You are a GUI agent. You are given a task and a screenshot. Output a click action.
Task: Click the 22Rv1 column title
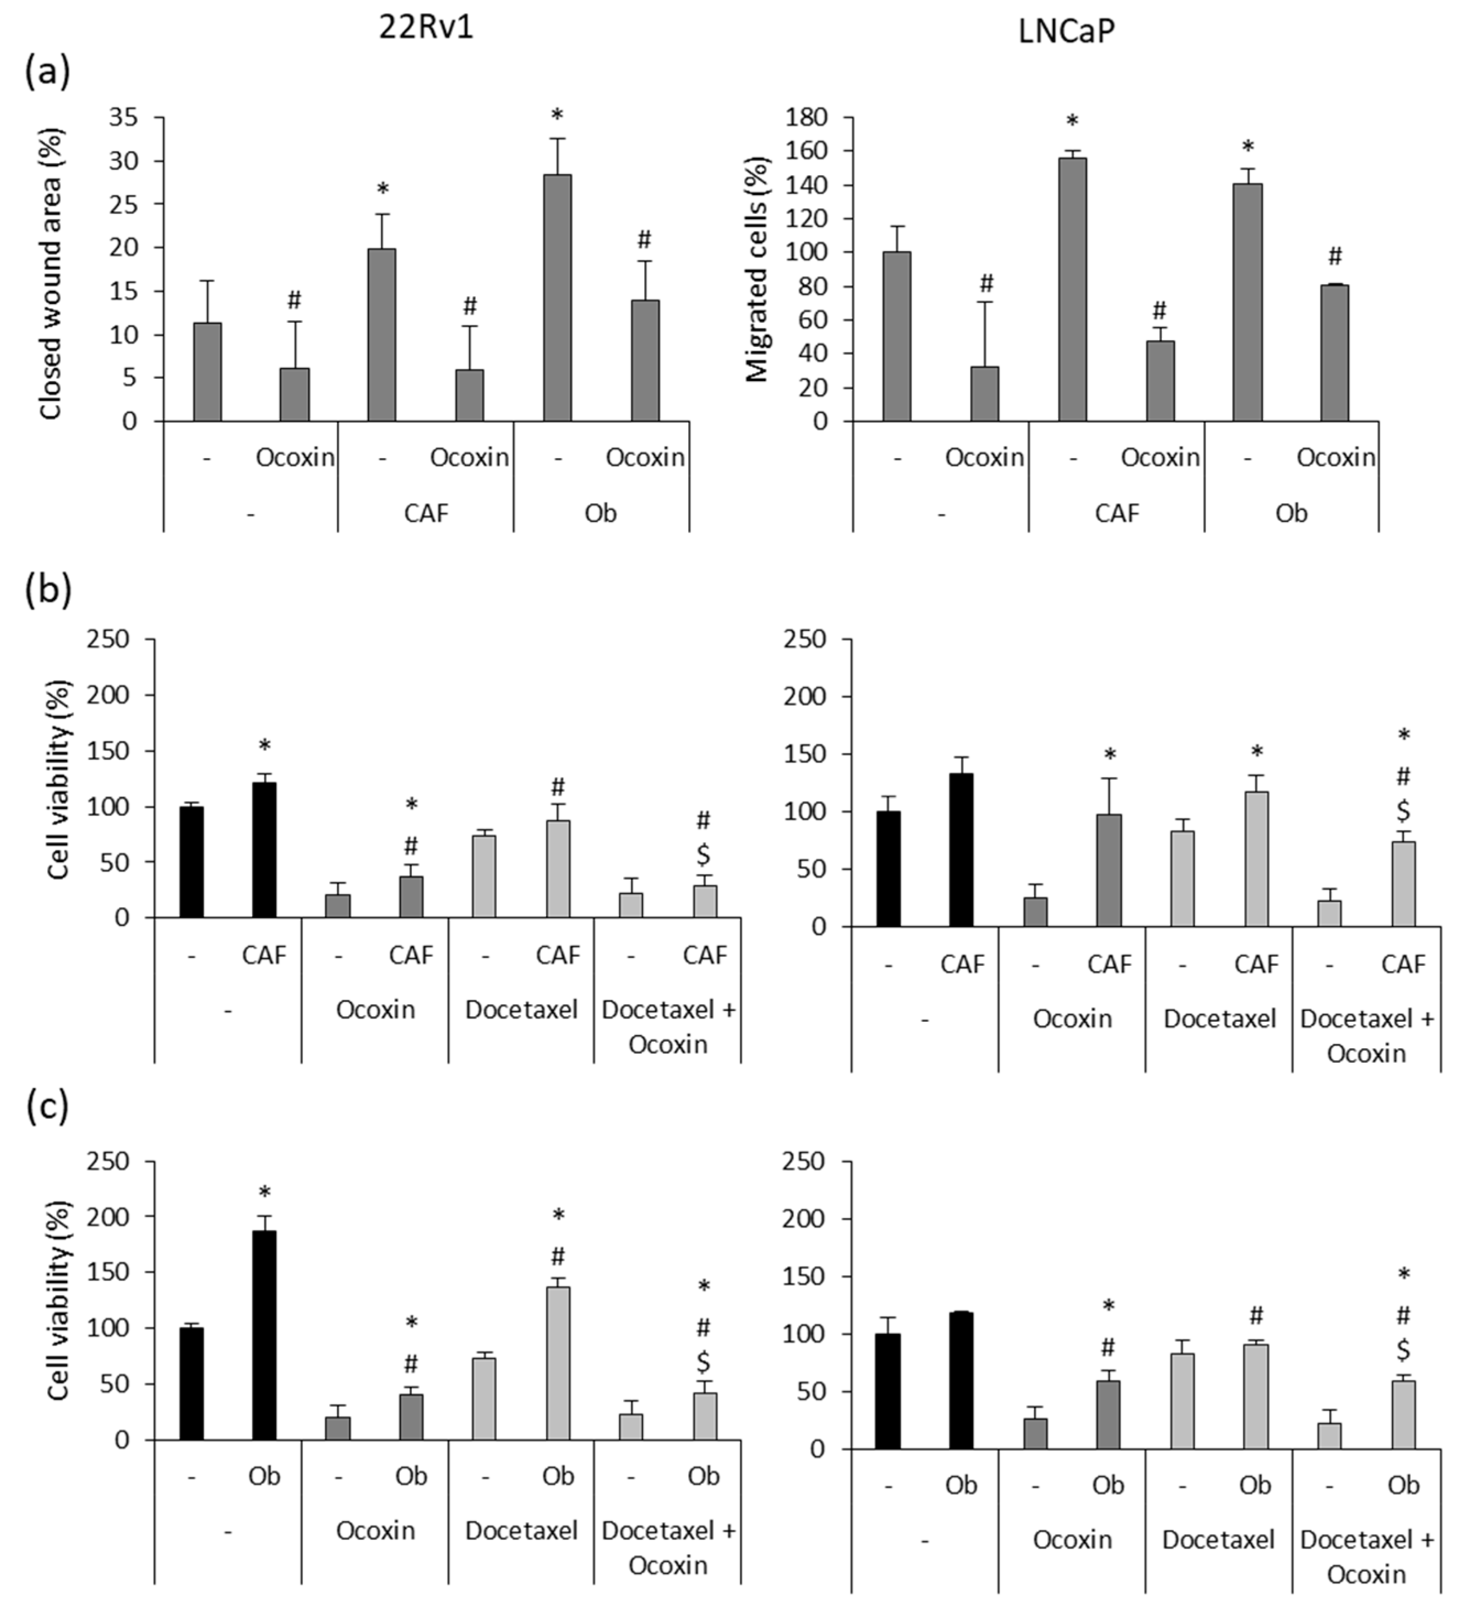coord(426,28)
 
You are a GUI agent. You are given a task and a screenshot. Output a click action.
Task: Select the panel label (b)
coord(48,589)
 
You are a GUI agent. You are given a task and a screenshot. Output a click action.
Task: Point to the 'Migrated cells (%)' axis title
coord(756,269)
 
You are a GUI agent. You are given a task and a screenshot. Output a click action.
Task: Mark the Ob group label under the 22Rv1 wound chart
coord(600,512)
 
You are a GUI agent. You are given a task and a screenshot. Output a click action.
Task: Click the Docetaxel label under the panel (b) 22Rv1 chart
coord(521,1009)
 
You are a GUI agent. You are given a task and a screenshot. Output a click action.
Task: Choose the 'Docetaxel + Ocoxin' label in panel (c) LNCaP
coord(1366,1556)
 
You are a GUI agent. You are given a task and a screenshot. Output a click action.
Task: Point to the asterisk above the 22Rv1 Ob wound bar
coord(557,115)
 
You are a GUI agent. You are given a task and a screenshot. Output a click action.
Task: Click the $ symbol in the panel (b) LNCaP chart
coord(1403,811)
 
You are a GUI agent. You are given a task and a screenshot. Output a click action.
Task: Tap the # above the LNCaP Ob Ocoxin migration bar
coord(1334,257)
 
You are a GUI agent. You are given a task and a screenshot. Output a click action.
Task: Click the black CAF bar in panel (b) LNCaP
coord(961,850)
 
